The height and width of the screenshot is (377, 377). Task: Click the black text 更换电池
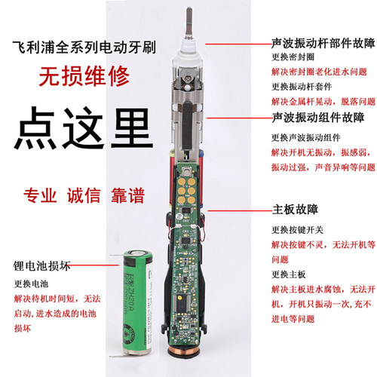pyautogui.click(x=31, y=285)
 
